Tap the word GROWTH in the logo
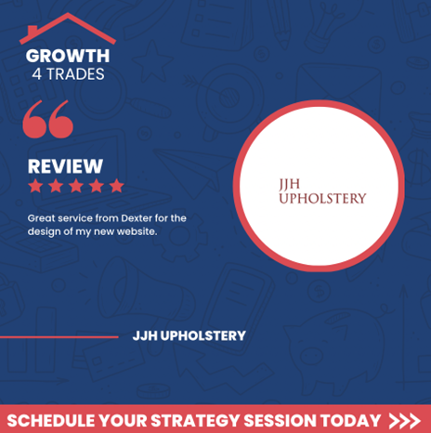[68, 56]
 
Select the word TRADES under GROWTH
[75, 74]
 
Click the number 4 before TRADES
[37, 74]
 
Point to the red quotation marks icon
[48, 119]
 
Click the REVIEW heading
[65, 166]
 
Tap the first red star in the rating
[35, 186]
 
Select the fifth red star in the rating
[116, 186]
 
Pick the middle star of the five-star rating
[76, 186]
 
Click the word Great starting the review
[41, 218]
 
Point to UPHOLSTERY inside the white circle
[322, 199]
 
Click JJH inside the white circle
[290, 184]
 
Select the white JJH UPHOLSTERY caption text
[189, 335]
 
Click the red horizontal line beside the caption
[59, 337]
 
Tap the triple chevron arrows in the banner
[405, 421]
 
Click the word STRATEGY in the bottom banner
[195, 421]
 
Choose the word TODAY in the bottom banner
[350, 421]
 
